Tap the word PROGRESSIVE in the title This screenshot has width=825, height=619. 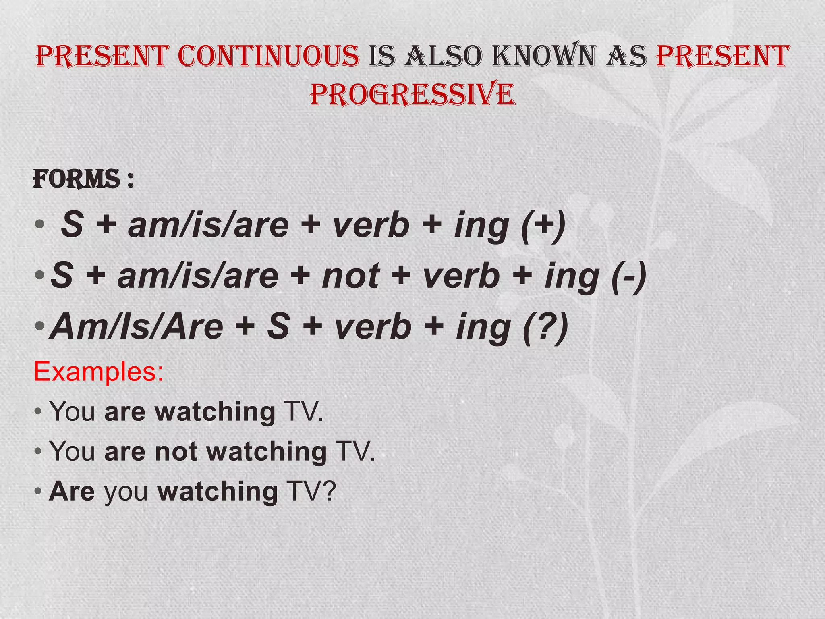412,94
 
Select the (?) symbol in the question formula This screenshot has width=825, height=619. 545,326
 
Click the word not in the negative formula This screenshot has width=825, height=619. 350,276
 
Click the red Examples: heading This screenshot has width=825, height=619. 99,371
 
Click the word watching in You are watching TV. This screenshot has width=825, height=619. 215,412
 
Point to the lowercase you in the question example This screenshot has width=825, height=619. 126,492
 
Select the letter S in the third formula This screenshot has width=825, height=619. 278,326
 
